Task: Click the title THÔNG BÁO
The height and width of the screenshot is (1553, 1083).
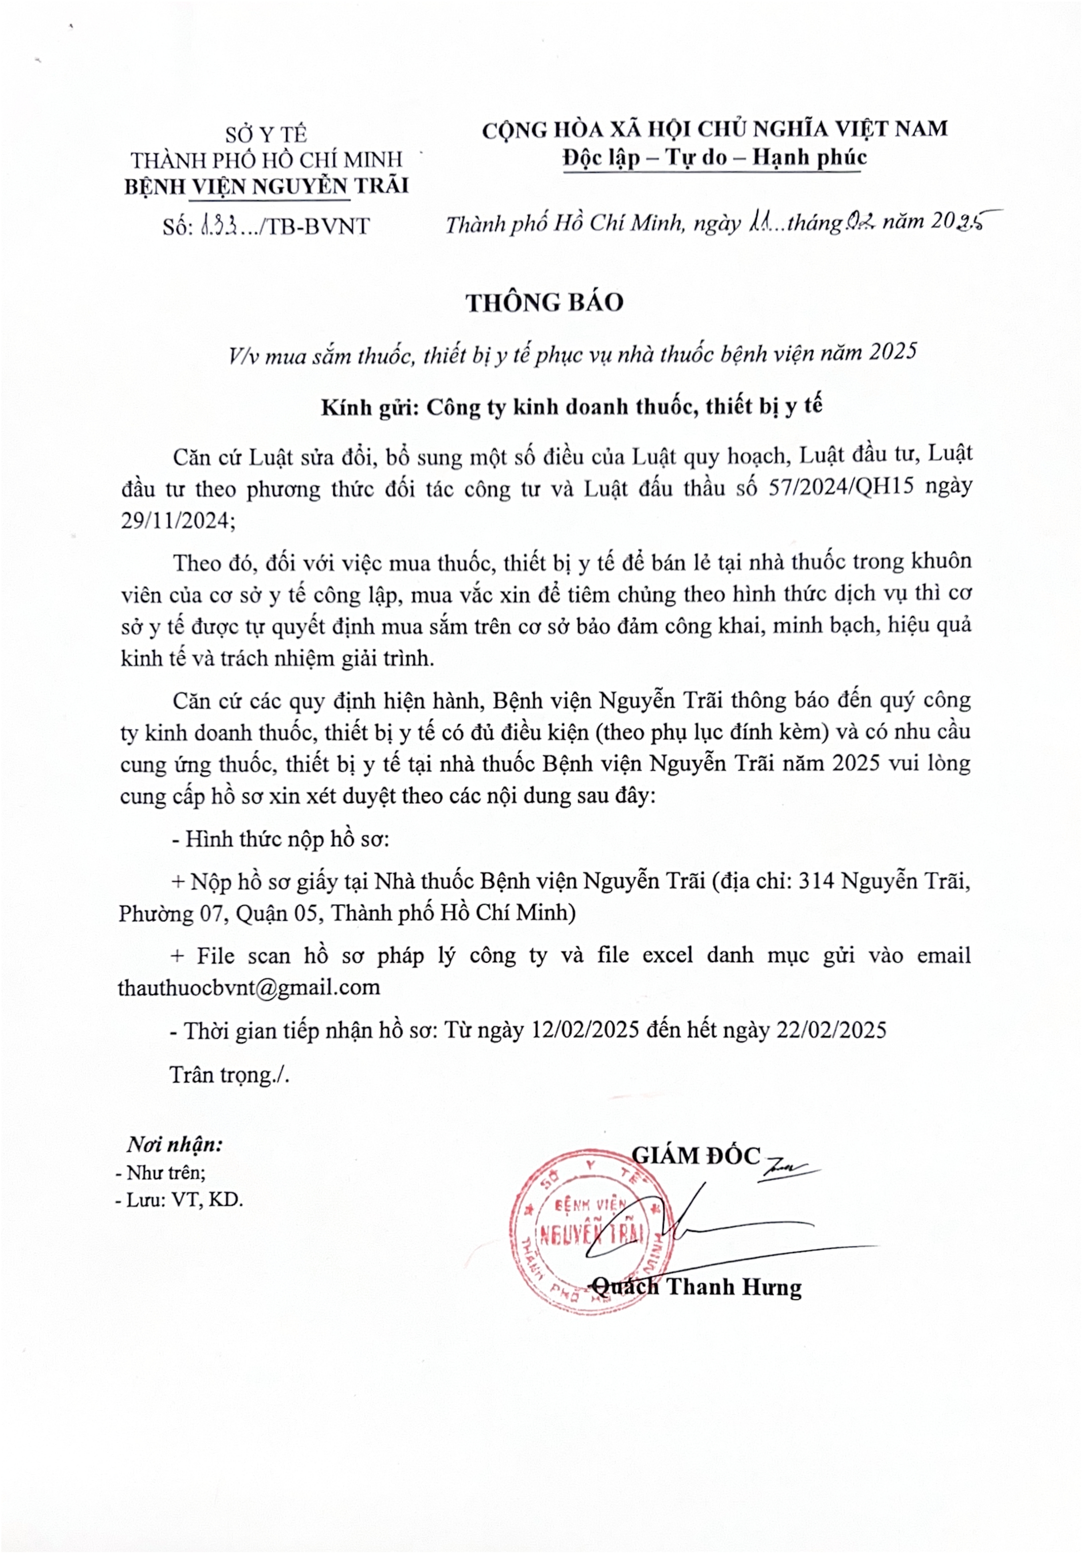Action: click(x=544, y=302)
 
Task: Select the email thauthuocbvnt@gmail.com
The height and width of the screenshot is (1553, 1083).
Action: click(x=249, y=988)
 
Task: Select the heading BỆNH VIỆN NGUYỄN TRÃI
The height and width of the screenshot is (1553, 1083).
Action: click(x=266, y=186)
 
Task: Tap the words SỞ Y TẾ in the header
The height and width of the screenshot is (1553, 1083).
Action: click(x=266, y=135)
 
